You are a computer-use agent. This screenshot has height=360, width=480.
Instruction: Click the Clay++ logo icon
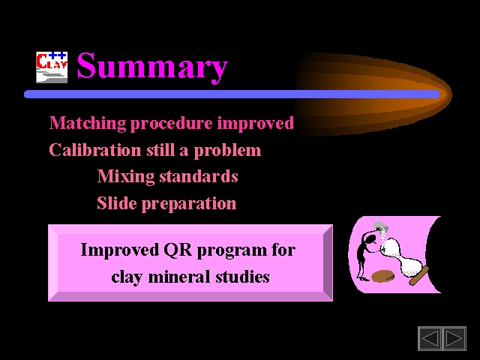(52, 67)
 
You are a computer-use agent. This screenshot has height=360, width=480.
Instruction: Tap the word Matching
(88, 123)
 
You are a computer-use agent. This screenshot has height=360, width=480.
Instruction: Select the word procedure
(172, 123)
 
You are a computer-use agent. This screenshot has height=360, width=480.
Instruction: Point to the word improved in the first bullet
(256, 123)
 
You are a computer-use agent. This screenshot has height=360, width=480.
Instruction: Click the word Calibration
(95, 150)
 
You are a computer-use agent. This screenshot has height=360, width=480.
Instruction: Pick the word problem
(227, 151)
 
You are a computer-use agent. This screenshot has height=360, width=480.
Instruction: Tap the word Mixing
(126, 177)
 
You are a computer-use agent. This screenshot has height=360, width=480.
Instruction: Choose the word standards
(199, 177)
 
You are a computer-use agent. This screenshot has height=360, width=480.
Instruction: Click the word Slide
(117, 203)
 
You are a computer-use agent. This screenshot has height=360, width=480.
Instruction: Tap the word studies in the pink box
(242, 277)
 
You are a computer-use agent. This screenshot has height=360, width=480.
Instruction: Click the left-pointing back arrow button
(430, 338)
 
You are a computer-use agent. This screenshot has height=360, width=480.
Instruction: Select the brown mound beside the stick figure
(382, 277)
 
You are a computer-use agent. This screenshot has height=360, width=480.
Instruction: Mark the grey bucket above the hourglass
(381, 226)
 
